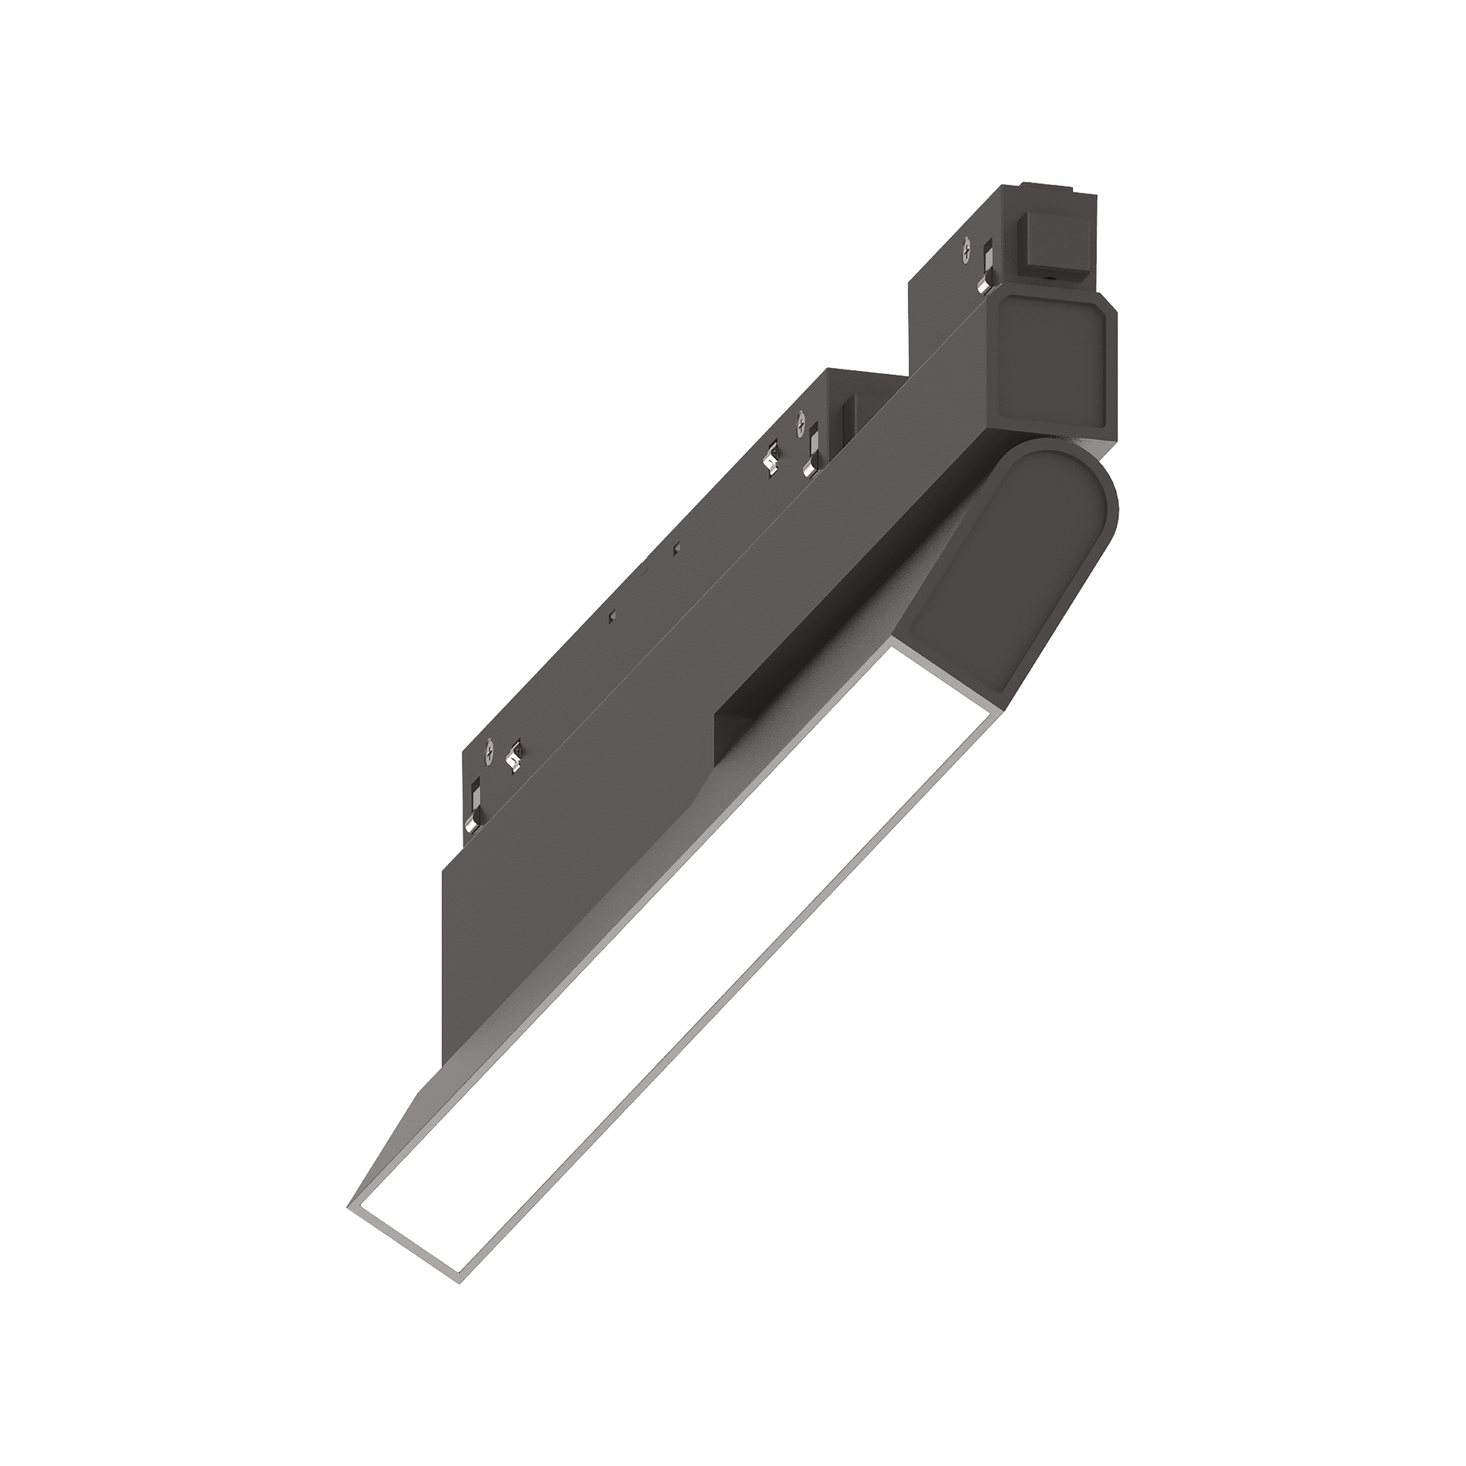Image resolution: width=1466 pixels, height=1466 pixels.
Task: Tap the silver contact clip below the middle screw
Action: pos(811,453)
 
